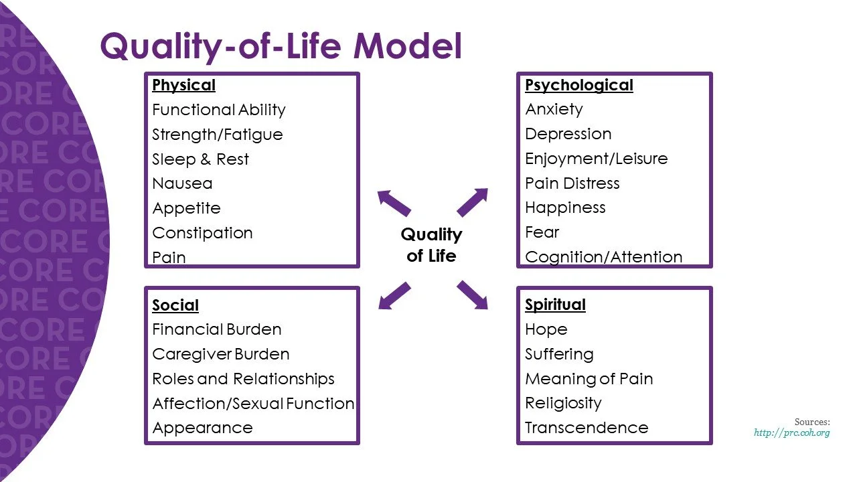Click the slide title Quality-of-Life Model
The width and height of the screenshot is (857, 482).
point(281,47)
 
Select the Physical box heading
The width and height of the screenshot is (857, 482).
point(183,86)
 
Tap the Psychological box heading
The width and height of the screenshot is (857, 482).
point(578,86)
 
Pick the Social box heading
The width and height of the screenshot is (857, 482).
point(175,305)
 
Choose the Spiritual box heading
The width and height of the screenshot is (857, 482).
point(555,305)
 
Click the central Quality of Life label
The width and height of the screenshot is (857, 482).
point(431,244)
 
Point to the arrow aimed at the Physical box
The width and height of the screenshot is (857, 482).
point(394,203)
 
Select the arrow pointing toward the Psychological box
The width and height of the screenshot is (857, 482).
point(473,202)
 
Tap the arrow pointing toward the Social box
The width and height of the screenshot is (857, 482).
point(394,295)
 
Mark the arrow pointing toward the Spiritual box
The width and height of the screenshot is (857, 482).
point(473,295)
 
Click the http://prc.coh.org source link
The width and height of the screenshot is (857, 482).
point(791,433)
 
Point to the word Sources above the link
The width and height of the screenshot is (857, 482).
point(811,422)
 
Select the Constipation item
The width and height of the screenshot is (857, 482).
point(202,233)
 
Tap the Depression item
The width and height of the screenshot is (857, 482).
point(568,134)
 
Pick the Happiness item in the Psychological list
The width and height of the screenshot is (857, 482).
point(565,208)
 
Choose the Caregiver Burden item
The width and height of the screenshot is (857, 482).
point(221,354)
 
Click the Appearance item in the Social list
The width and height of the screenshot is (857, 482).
point(202,428)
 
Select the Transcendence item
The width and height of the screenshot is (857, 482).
point(587,428)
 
